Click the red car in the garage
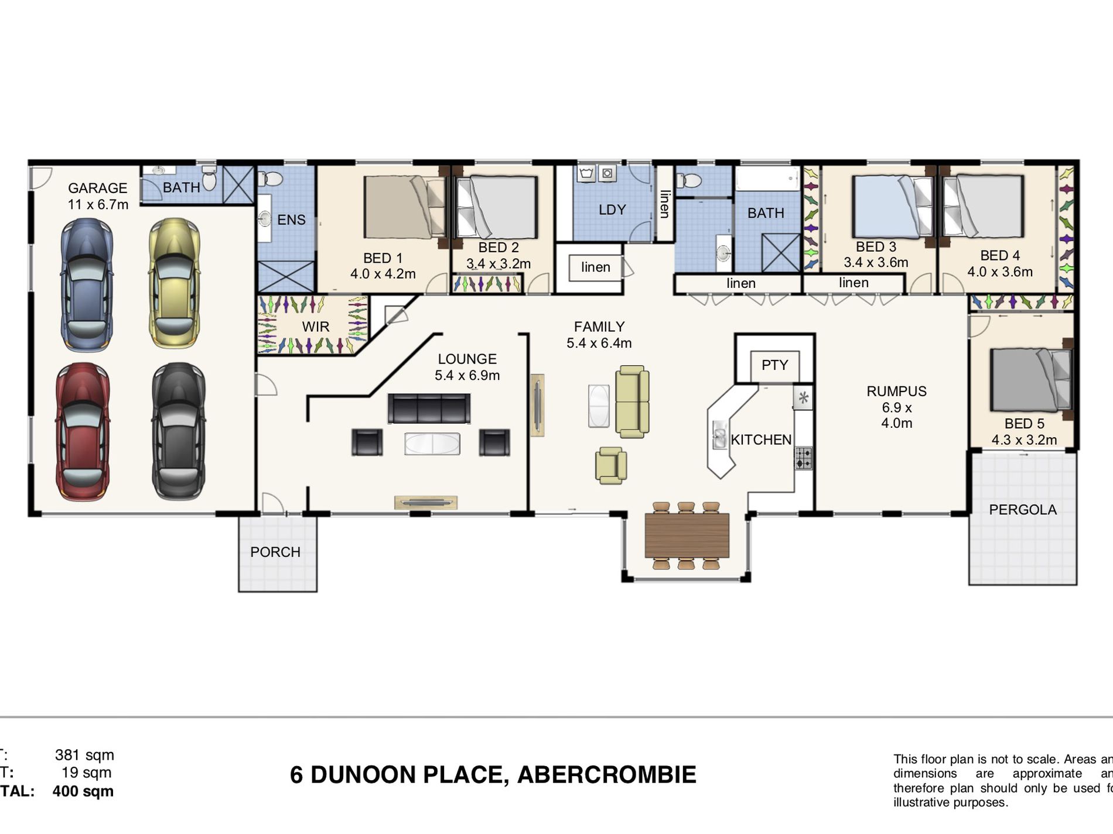(83, 431)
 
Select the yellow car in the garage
(174, 283)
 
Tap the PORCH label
(275, 552)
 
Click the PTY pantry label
(774, 365)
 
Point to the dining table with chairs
(687, 535)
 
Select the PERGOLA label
(1022, 510)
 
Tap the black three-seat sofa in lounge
(429, 408)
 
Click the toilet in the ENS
(268, 178)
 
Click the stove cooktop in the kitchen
(803, 458)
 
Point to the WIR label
(316, 327)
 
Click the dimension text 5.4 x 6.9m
(467, 376)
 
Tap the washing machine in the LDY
(607, 173)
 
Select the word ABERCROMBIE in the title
(606, 775)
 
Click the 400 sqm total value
(83, 791)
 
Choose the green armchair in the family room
(610, 465)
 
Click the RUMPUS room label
(896, 392)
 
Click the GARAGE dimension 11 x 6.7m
(98, 205)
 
